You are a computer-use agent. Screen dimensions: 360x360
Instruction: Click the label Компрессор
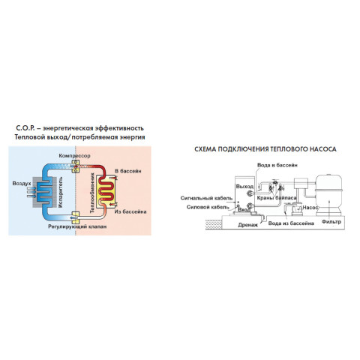pos(74,156)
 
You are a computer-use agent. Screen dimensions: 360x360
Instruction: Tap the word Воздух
pos(22,184)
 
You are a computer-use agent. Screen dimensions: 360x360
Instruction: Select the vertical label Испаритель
pos(61,192)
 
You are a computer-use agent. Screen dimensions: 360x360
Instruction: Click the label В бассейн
pos(128,171)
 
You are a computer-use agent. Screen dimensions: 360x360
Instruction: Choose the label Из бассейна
pos(130,211)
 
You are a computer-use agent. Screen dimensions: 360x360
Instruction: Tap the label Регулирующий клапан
pos(77,226)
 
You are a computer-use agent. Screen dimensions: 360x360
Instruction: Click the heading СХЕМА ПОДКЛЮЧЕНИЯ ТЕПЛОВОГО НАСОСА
pos(265,149)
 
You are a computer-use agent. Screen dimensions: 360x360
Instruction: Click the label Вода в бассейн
pos(277,165)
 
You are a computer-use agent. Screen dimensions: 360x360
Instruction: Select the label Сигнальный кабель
pos(206,198)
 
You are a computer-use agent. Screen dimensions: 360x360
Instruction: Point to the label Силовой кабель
pos(208,207)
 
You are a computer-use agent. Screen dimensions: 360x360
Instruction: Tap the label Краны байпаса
pos(277,198)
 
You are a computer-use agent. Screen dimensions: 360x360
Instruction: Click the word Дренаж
pos(247,225)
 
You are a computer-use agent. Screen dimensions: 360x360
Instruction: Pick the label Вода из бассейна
pos(291,223)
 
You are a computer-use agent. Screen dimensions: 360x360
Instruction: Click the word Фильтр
pos(331,222)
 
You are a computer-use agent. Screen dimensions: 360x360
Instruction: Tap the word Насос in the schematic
pos(310,208)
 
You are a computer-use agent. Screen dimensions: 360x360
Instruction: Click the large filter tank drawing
pos(328,195)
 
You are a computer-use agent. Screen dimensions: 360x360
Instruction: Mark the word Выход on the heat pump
pos(244,187)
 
